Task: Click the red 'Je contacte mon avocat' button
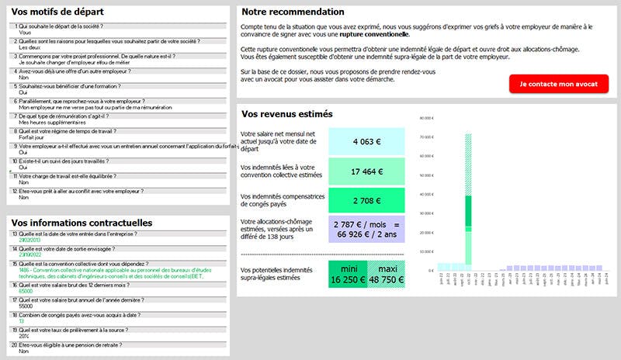[559, 84]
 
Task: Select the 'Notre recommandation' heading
[293, 12]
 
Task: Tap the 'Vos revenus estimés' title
[287, 114]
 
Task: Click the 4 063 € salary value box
[366, 142]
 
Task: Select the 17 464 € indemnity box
[366, 171]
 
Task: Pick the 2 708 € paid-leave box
[366, 201]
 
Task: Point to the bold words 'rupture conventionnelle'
[378, 34]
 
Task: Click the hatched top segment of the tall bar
[468, 163]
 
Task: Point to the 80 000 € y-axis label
[425, 118]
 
